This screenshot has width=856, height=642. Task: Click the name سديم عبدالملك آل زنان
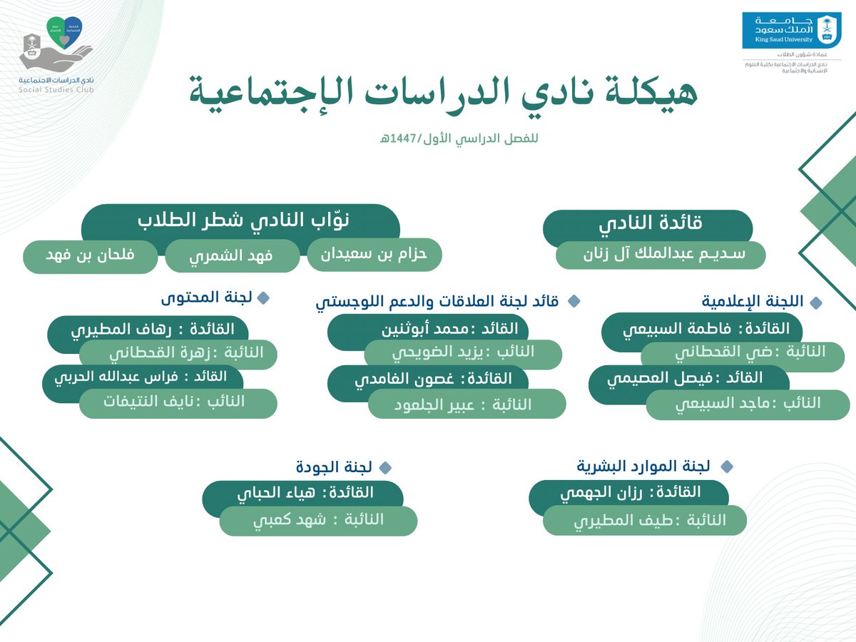[660, 255]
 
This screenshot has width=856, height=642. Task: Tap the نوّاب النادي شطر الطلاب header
[240, 221]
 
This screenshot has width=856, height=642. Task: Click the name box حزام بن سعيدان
[374, 255]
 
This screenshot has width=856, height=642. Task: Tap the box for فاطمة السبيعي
[703, 330]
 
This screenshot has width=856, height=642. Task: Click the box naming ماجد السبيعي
[735, 404]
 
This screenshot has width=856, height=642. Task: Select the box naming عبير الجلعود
[467, 404]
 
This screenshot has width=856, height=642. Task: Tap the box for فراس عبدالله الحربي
[143, 377]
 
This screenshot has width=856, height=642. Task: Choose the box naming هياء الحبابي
[303, 494]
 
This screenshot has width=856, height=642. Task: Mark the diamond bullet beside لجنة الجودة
[385, 468]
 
